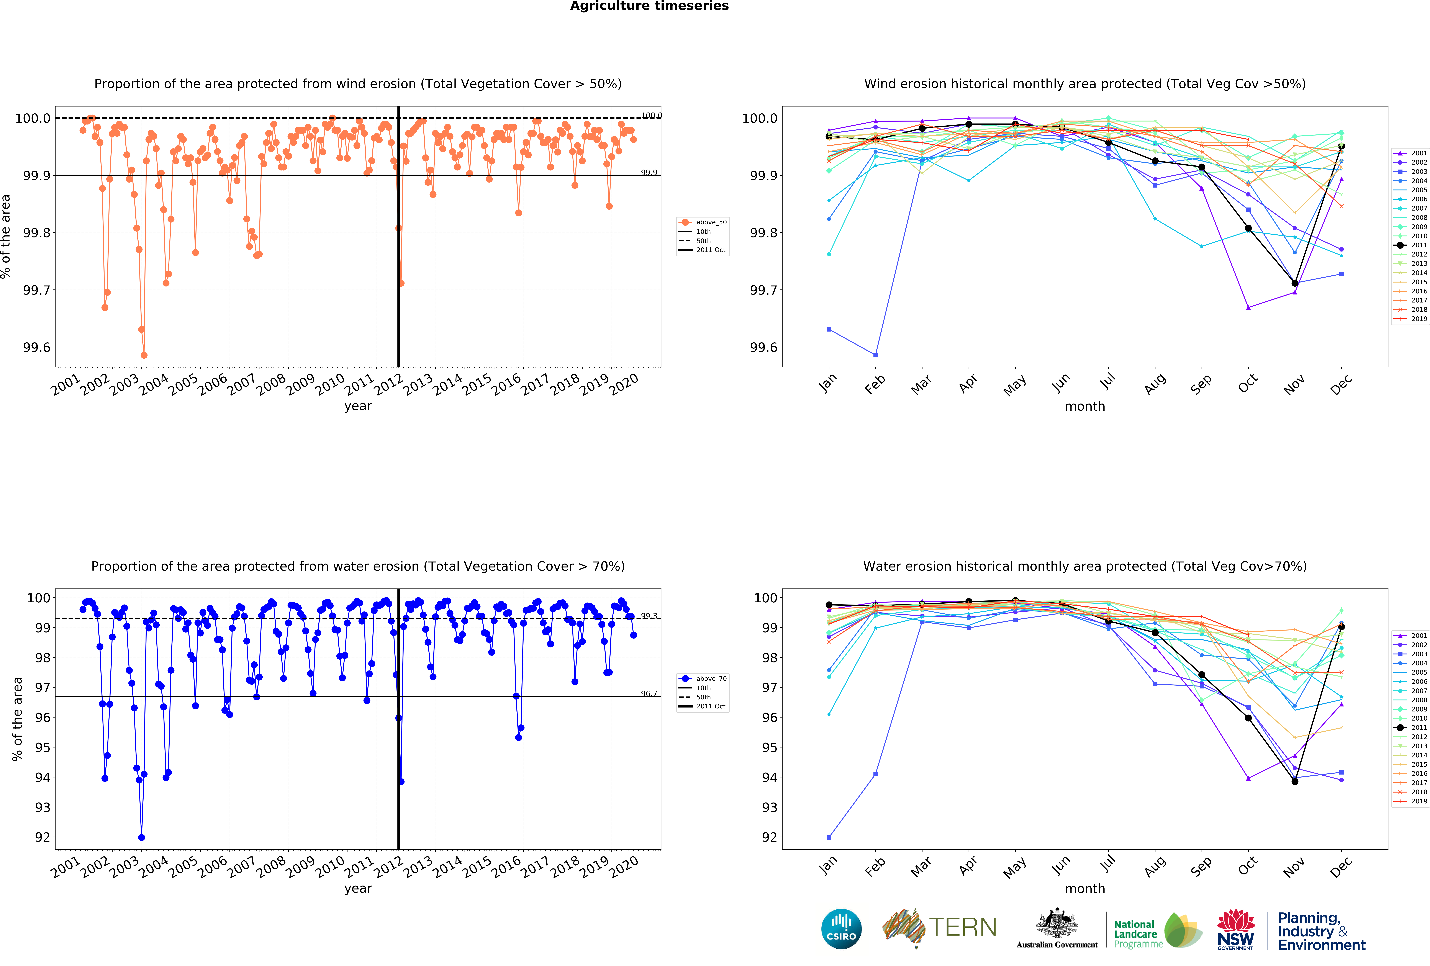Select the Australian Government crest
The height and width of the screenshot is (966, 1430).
[1057, 923]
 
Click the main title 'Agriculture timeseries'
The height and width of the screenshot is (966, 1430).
[649, 6]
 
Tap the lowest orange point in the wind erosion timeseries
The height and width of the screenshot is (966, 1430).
[144, 355]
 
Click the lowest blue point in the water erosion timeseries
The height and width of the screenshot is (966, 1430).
[142, 837]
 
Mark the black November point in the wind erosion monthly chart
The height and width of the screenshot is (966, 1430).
[1295, 283]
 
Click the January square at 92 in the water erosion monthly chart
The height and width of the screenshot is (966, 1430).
[829, 837]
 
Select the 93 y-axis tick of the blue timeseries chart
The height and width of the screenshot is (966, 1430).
[43, 807]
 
